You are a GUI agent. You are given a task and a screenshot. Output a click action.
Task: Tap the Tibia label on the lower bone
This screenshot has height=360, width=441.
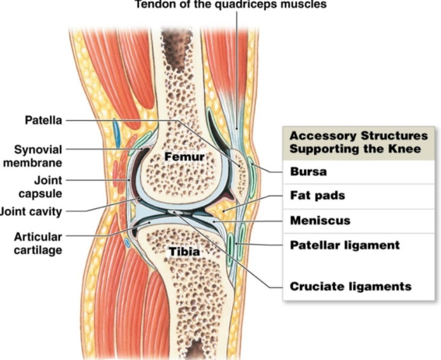point(184,252)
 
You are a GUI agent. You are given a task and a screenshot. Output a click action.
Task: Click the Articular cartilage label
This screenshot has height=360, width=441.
point(37,243)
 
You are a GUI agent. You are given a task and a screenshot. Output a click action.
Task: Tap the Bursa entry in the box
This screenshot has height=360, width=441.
point(306,172)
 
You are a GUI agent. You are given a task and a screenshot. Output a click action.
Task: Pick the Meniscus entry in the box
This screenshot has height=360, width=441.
point(319,220)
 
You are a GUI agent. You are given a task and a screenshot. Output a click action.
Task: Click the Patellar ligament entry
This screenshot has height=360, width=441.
point(344,244)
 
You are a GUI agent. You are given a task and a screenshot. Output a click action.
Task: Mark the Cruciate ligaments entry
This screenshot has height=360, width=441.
point(350,287)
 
